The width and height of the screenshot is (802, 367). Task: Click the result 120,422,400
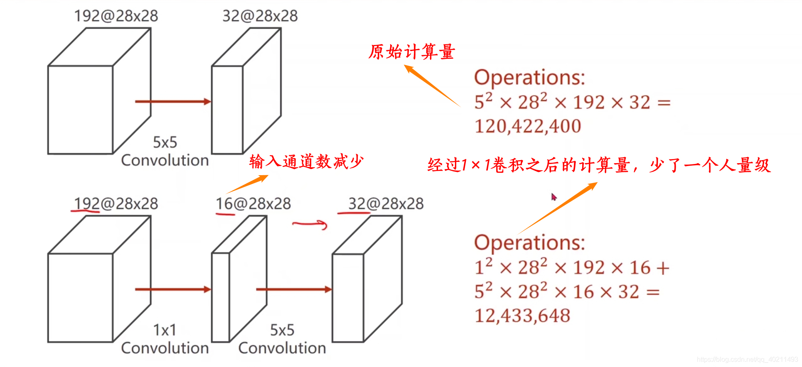click(x=528, y=126)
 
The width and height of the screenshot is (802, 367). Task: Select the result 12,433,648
click(x=522, y=316)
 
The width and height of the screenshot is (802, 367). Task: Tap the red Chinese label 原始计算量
click(x=411, y=52)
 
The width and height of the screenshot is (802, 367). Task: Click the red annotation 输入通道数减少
click(x=306, y=161)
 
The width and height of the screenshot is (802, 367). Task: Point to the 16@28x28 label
click(x=253, y=204)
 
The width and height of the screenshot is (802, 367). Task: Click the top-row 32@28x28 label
click(x=260, y=16)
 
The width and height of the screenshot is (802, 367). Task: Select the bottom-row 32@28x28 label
click(x=386, y=204)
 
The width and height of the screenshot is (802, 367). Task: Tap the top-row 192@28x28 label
click(x=116, y=16)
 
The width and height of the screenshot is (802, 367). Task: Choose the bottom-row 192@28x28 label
click(x=116, y=204)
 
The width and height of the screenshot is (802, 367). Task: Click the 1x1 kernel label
click(x=165, y=330)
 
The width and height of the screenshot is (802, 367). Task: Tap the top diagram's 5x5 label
click(x=165, y=142)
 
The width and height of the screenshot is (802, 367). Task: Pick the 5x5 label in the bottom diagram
click(x=282, y=330)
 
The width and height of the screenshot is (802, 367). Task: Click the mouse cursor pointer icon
click(x=554, y=197)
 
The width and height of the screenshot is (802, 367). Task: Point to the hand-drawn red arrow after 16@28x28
click(x=310, y=225)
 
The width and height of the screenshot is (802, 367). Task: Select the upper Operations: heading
click(x=529, y=78)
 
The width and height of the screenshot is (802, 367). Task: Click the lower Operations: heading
click(x=529, y=243)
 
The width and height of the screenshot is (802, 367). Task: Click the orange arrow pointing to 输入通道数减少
click(x=248, y=184)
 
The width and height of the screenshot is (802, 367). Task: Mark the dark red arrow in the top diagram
click(x=173, y=102)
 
